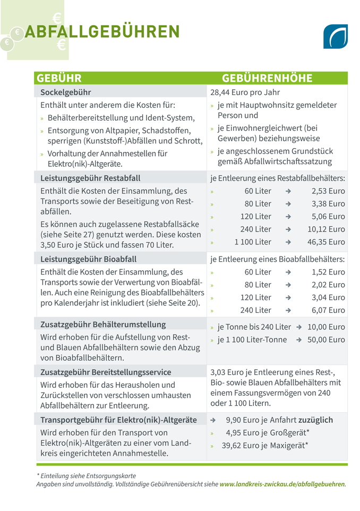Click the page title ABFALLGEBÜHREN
click(102, 31)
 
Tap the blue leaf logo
click(335, 36)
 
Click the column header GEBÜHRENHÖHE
click(267, 79)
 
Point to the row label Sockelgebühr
click(66, 92)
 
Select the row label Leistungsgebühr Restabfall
click(90, 178)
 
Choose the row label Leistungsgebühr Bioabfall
click(88, 259)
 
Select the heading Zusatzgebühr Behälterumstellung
click(103, 325)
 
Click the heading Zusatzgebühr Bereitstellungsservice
click(106, 372)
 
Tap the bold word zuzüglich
click(315, 420)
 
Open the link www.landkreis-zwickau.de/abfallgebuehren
click(282, 484)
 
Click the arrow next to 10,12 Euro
click(288, 229)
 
